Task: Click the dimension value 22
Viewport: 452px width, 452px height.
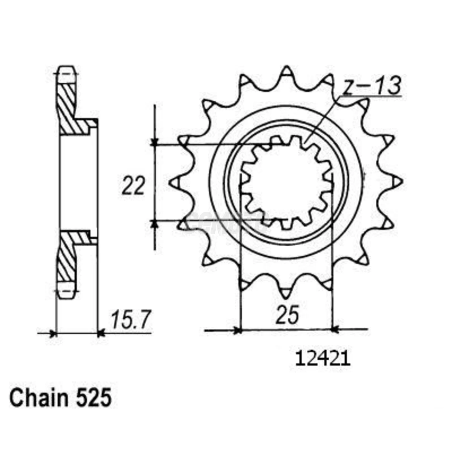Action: [133, 186]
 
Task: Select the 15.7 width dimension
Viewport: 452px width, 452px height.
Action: [131, 320]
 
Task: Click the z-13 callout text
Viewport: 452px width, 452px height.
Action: [372, 86]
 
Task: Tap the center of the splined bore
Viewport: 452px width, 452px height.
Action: [287, 182]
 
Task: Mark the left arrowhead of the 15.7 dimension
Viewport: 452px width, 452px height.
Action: [53, 333]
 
